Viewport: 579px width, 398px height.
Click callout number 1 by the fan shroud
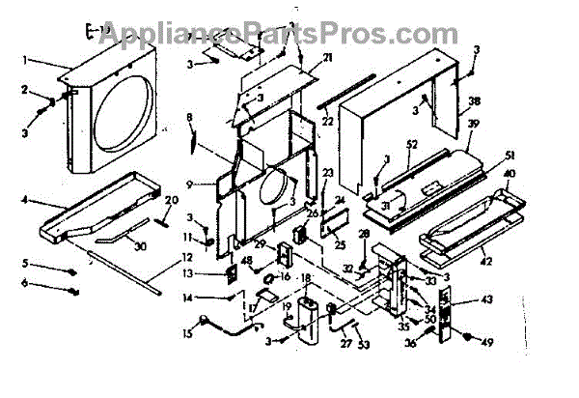[34, 60]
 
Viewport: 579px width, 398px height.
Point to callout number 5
[28, 263]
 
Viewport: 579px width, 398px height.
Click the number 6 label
[28, 283]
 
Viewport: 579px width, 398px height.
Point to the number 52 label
[411, 146]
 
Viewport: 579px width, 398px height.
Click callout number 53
[363, 344]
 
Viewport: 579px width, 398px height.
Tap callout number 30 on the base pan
[141, 246]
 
